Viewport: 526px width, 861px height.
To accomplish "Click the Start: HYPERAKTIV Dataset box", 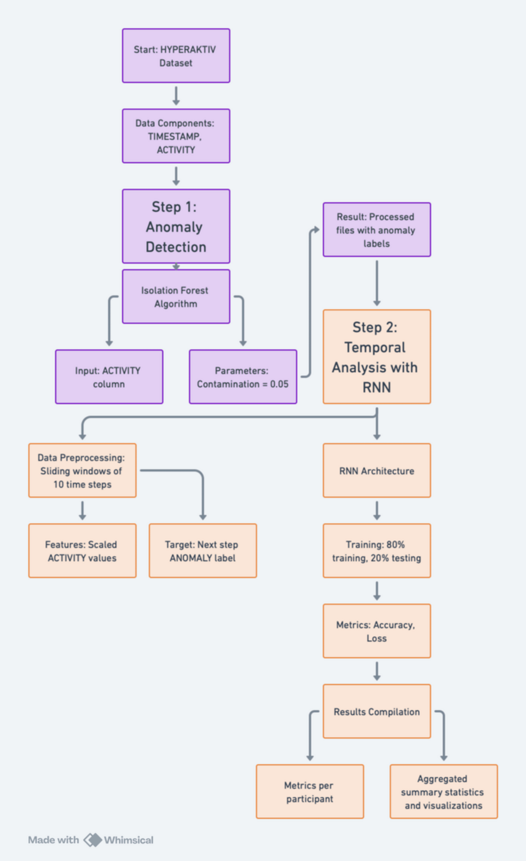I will [x=176, y=55].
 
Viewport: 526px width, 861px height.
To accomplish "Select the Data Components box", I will [x=176, y=136].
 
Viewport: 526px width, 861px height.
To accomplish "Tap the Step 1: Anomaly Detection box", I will [x=176, y=226].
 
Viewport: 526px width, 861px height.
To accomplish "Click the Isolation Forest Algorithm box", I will [x=176, y=297].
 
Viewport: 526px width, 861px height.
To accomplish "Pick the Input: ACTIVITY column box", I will [x=109, y=377].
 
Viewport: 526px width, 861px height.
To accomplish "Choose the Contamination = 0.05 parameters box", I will [x=243, y=377].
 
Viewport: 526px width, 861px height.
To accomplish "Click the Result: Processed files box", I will [x=377, y=229].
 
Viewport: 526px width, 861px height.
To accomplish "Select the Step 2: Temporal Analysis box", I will [x=377, y=356].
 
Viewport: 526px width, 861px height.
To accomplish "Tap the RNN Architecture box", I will [x=377, y=471].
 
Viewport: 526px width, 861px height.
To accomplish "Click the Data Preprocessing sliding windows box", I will [x=82, y=471].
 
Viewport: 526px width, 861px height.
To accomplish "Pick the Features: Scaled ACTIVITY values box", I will [x=82, y=551].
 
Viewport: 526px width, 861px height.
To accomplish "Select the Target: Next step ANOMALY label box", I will [x=203, y=551].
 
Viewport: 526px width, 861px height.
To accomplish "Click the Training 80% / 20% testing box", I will [x=377, y=551].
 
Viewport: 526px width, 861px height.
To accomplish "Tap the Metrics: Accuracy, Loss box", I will [x=377, y=631].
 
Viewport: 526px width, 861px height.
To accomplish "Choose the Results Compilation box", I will [x=377, y=711].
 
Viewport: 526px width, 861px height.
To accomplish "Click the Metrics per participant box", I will [x=309, y=792].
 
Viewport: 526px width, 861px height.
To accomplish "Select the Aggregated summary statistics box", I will [x=443, y=792].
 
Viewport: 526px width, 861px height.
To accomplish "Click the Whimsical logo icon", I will [x=93, y=840].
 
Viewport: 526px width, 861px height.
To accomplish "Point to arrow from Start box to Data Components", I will [x=176, y=96].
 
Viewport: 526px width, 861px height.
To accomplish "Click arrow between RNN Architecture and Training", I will [x=377, y=511].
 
